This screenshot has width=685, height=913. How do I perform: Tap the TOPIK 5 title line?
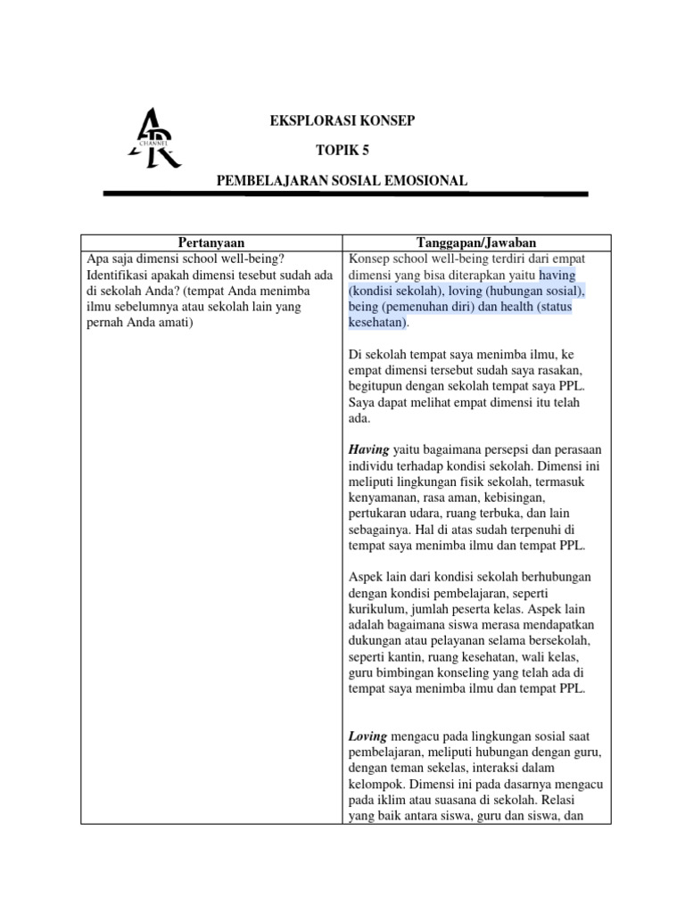click(x=342, y=151)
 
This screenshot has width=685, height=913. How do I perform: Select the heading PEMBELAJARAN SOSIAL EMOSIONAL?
click(x=342, y=180)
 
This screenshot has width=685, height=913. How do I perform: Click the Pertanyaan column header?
click(x=211, y=243)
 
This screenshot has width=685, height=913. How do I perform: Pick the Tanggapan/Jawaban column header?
click(x=476, y=243)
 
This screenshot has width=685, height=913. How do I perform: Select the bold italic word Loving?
click(x=367, y=736)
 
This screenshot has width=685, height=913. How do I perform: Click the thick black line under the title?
click(x=345, y=193)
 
